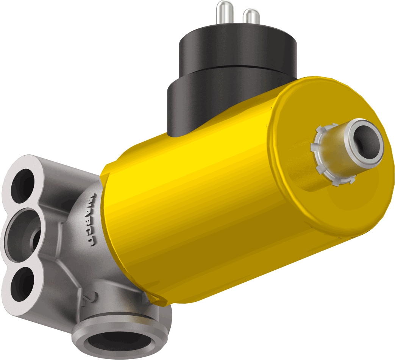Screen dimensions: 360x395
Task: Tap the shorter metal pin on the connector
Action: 251,17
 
